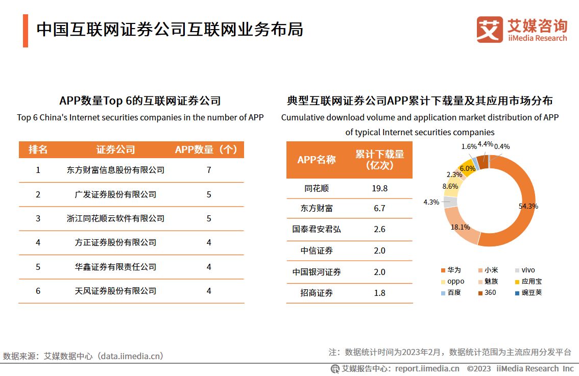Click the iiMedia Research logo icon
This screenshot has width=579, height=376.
489,29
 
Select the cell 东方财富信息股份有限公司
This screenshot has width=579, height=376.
115,170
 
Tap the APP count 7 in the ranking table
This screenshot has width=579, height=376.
209,170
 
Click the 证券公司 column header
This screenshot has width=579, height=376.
115,149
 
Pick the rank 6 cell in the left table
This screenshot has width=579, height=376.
38,291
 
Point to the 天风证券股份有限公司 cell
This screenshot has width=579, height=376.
115,291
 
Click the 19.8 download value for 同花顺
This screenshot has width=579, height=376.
379,188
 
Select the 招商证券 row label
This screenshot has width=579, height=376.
317,293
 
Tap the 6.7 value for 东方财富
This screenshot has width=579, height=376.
379,208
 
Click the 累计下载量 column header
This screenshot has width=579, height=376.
379,160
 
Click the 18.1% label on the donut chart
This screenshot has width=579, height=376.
460,227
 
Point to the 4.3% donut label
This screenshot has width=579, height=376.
431,202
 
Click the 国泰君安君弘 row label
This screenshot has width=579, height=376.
317,229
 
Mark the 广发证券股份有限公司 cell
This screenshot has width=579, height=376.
115,194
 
